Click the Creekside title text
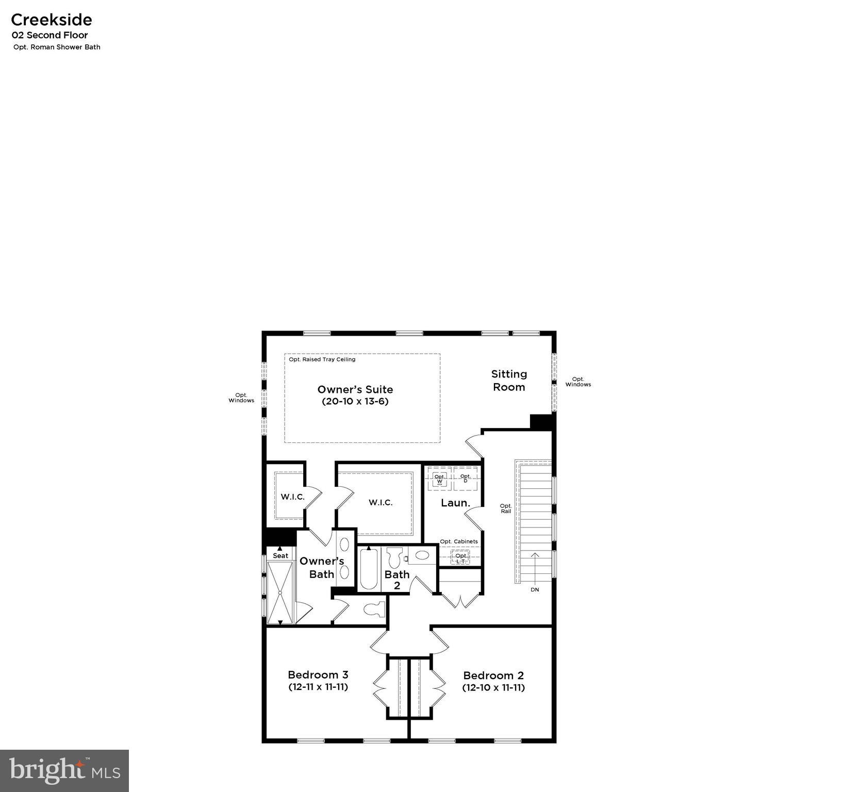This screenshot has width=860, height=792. coord(52,20)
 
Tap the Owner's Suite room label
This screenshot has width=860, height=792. coord(355,390)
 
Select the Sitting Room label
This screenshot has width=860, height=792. coord(509,381)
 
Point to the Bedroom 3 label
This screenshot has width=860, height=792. coord(318,674)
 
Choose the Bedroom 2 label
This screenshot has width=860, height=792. coord(493,675)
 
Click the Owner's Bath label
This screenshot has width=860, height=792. coord(322,567)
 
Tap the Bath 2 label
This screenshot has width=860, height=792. coord(397,580)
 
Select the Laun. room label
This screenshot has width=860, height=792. coord(455,503)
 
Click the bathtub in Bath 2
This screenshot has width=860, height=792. coord(369,569)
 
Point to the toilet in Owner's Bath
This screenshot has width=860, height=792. coord(375,609)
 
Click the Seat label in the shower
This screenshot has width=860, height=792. coord(280,555)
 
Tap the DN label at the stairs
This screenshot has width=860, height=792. coord(535,589)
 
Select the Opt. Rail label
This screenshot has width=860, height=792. coord(506,508)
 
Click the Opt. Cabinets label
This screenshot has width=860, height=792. coord(458,541)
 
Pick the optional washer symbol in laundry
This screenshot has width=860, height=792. coord(439,479)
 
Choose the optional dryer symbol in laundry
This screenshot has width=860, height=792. coord(466,478)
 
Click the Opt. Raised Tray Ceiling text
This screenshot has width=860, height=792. coord(322,359)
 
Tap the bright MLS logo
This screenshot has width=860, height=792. coord(64,771)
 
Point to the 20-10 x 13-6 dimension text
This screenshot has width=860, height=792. coord(355,402)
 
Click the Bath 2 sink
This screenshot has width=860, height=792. coord(422,555)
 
